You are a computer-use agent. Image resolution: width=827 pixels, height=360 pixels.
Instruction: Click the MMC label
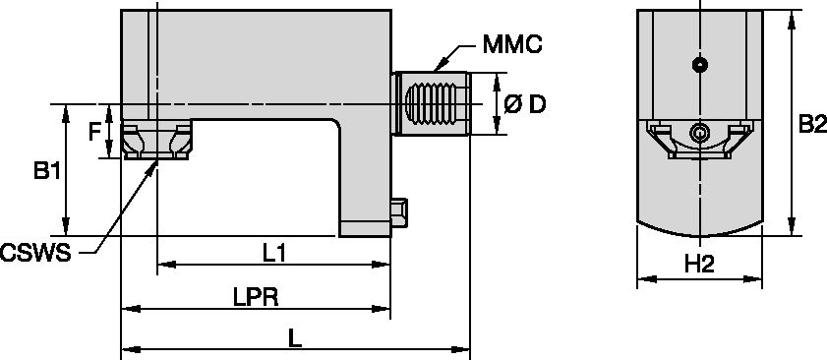[512, 44]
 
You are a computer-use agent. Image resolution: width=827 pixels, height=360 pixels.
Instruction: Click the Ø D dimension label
[525, 104]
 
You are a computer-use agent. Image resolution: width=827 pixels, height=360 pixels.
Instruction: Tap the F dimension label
[94, 132]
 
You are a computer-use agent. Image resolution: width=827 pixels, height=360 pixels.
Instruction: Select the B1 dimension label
[47, 171]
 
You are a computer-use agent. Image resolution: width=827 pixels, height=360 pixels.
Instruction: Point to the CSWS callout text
[35, 254]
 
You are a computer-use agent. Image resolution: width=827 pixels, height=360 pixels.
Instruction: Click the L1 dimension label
[274, 254]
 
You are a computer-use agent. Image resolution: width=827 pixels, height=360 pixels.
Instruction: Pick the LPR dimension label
[256, 298]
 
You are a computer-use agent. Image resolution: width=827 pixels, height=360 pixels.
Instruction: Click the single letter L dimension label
[295, 338]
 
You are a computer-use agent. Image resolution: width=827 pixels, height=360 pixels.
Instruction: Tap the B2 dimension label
[812, 125]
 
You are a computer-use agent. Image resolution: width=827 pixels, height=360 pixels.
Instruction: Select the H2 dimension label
[699, 264]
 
